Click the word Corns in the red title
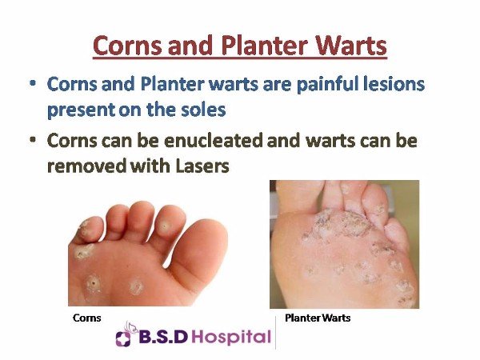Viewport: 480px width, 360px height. tap(127, 45)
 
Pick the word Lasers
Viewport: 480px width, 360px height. tap(202, 166)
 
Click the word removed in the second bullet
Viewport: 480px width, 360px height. tap(87, 166)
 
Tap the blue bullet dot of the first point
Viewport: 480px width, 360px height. tap(33, 83)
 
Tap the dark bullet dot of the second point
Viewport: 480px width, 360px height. tap(33, 140)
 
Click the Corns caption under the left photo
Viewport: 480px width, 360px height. tap(87, 318)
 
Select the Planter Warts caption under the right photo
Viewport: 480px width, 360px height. tap(318, 318)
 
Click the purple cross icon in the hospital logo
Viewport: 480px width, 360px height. tap(123, 338)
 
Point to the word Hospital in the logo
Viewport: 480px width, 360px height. tap(233, 337)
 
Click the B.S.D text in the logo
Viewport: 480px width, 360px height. tap(163, 337)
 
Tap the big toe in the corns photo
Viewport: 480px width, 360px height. tap(199, 254)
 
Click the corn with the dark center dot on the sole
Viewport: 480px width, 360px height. tap(94, 284)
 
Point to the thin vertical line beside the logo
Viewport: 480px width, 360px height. tap(275, 333)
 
